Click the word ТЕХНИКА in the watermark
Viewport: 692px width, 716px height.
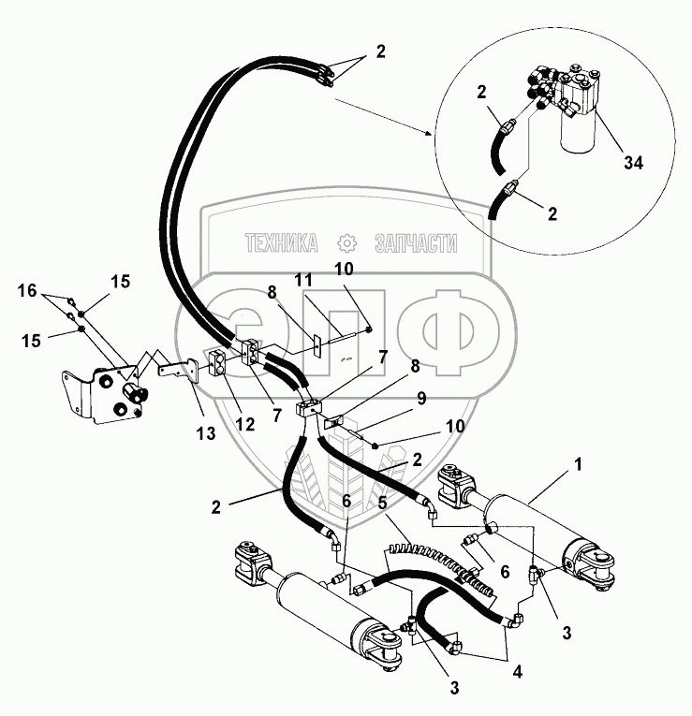[x=281, y=244]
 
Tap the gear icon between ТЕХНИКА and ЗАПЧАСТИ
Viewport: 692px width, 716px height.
[x=346, y=244]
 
